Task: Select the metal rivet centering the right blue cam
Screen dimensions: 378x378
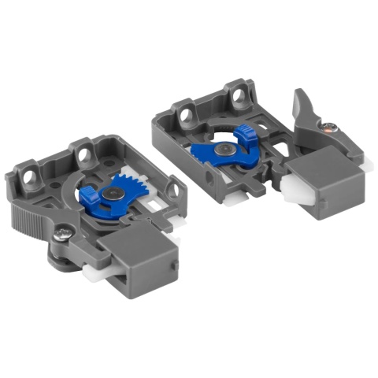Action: pyautogui.click(x=227, y=147)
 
